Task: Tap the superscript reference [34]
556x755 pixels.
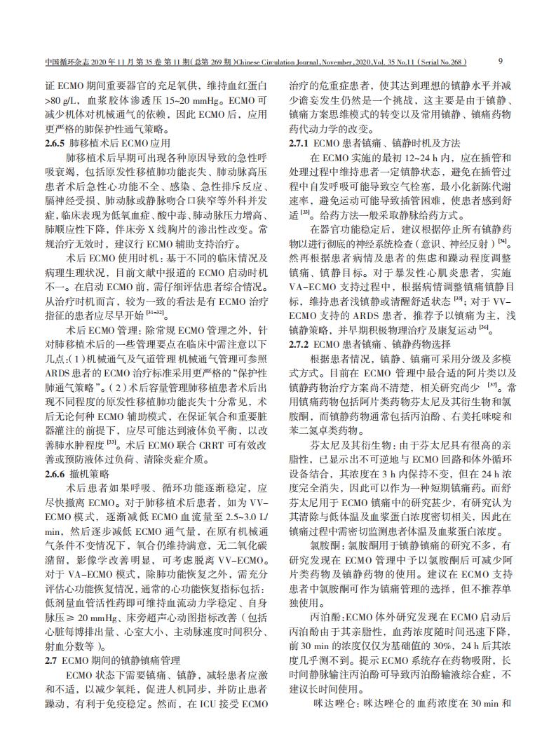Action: [x=502, y=240]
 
